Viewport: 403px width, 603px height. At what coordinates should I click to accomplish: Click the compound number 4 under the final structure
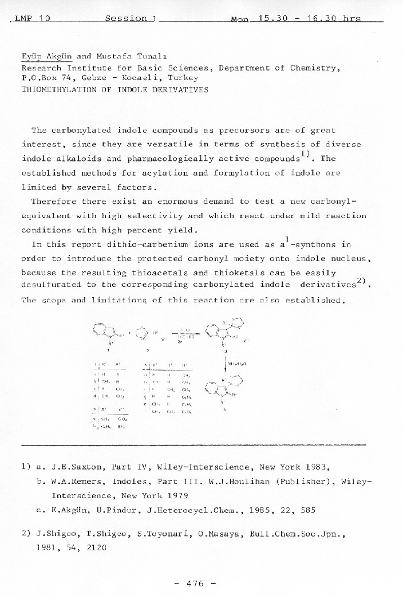point(224,409)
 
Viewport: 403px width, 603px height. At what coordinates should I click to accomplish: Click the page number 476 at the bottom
point(195,584)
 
